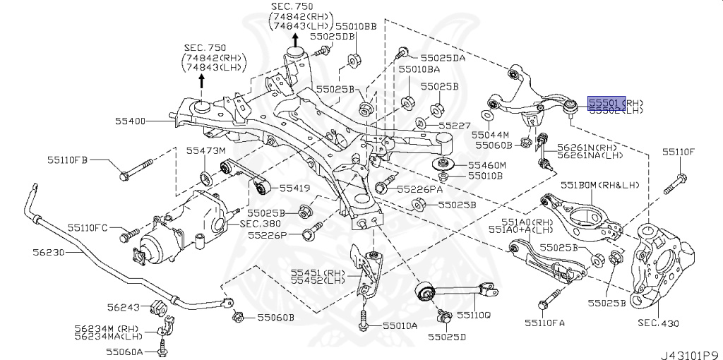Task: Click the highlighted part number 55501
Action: click(604, 102)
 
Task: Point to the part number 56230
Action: click(49, 251)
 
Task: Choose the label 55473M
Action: click(205, 150)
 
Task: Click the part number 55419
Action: click(294, 188)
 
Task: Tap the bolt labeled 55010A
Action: click(363, 324)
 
